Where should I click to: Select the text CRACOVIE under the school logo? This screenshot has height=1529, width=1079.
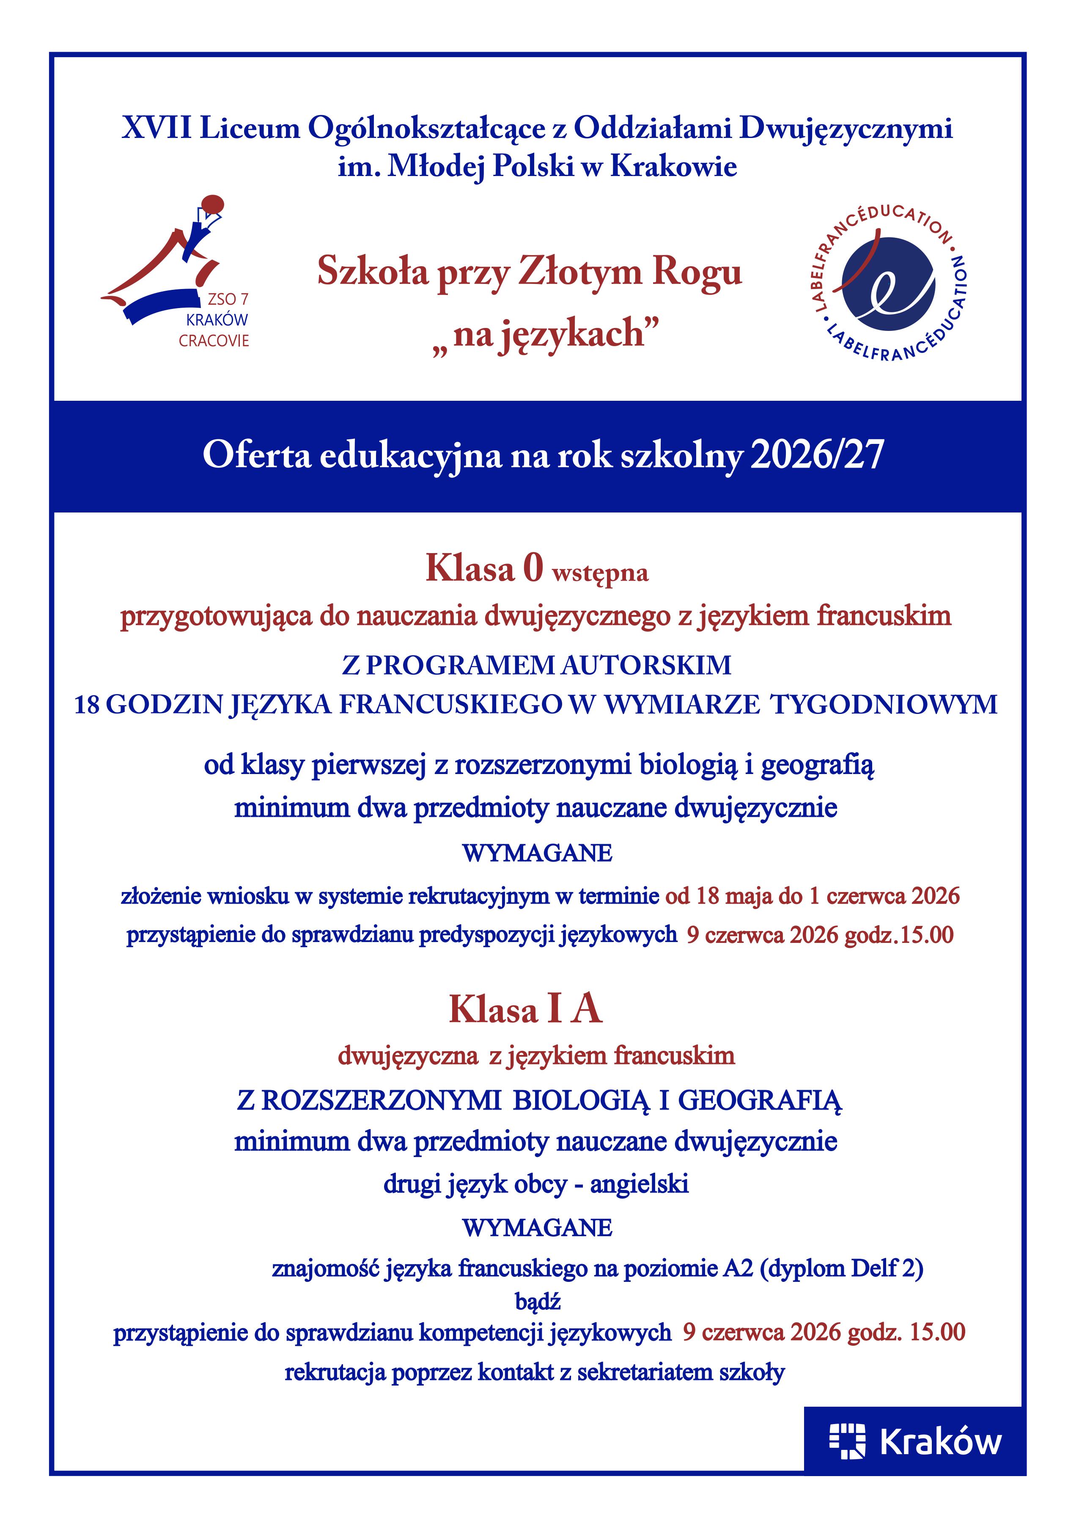(x=214, y=341)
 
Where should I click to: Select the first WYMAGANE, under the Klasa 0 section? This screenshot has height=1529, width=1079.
(x=537, y=853)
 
